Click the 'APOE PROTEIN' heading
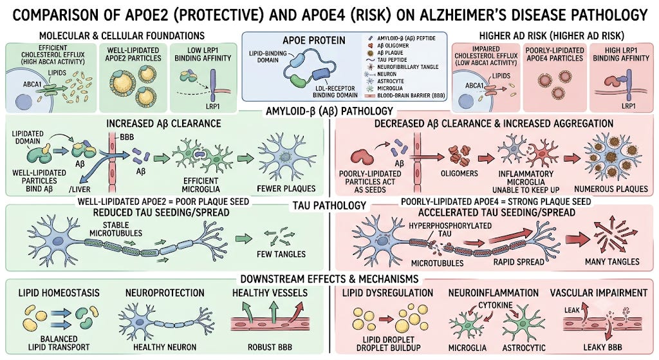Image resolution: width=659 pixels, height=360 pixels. click(314, 41)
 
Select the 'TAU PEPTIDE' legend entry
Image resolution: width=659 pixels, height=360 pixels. click(392, 60)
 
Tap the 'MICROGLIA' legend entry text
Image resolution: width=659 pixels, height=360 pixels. click(390, 88)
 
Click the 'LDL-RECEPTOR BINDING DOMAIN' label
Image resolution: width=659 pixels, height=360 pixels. click(335, 91)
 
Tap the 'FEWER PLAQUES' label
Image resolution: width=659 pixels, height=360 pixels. click(286, 189)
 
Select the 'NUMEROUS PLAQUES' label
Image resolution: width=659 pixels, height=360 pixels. click(611, 189)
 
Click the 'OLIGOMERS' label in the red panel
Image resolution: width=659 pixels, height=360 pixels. click(459, 173)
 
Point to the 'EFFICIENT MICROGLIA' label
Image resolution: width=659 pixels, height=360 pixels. click(201, 185)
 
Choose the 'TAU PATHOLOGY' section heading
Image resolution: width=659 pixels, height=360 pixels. click(330, 205)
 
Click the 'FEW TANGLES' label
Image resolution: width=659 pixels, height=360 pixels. click(281, 254)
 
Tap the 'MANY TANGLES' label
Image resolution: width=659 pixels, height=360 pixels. click(612, 261)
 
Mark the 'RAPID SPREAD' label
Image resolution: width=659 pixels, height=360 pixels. click(519, 261)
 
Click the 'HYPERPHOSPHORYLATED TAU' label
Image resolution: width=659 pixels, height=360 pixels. click(450, 229)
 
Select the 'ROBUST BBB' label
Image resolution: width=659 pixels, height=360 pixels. click(270, 347)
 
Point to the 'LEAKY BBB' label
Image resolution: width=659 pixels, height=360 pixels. click(602, 347)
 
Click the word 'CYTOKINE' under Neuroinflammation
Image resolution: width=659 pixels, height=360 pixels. click(495, 305)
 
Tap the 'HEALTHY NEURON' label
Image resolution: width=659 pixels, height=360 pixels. click(165, 347)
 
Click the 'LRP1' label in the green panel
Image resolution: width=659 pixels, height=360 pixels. click(212, 106)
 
